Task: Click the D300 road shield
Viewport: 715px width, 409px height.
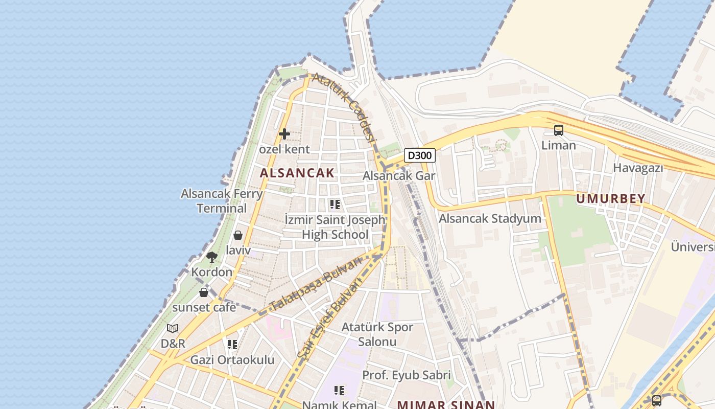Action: pyautogui.click(x=420, y=155)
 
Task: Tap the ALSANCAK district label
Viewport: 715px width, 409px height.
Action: pyautogui.click(x=297, y=173)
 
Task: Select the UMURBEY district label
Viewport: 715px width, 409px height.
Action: pyautogui.click(x=611, y=198)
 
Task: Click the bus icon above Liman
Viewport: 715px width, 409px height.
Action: pyautogui.click(x=559, y=130)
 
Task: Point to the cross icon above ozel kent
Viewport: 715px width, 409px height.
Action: pyautogui.click(x=284, y=134)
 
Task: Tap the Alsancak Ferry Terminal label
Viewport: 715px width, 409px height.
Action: pyautogui.click(x=222, y=201)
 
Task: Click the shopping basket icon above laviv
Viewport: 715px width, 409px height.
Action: pyautogui.click(x=238, y=235)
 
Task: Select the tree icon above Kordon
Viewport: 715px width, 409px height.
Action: pyautogui.click(x=212, y=257)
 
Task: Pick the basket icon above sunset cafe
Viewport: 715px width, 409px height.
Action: pyautogui.click(x=204, y=292)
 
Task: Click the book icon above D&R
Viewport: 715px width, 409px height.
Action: pyautogui.click(x=173, y=328)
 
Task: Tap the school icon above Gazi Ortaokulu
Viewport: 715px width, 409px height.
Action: pyautogui.click(x=232, y=345)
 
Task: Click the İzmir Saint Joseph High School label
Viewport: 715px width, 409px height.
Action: pyautogui.click(x=335, y=227)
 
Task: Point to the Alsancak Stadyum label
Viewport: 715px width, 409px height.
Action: pyautogui.click(x=490, y=219)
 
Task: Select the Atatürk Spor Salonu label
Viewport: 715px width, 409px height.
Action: pyautogui.click(x=377, y=334)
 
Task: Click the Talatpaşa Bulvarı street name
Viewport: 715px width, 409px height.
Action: pyautogui.click(x=315, y=284)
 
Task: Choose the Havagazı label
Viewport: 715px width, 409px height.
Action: pyautogui.click(x=638, y=168)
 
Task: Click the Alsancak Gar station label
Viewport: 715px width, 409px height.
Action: pyautogui.click(x=399, y=176)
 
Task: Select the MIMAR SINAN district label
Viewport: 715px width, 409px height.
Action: pyautogui.click(x=446, y=404)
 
